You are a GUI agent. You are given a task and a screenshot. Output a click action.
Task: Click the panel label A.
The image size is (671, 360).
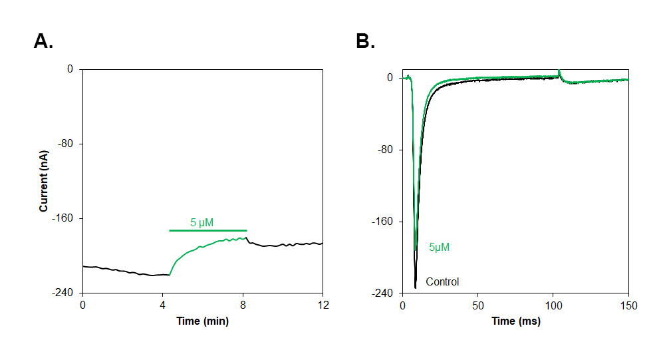coord(43,42)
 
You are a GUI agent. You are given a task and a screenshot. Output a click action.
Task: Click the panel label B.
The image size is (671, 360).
coord(366,42)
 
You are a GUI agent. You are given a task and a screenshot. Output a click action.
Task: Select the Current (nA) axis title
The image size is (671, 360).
coord(44,181)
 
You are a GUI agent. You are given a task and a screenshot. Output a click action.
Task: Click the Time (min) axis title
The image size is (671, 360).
coord(202,321)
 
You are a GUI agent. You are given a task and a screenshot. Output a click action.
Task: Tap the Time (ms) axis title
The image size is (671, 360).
coord(515,321)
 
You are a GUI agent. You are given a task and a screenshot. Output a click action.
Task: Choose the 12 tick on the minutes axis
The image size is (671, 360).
coord(323,305)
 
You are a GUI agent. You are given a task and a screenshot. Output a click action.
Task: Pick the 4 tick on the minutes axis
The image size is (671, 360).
coord(162,305)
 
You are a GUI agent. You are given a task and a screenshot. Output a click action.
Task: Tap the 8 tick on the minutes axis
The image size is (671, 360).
coord(243,305)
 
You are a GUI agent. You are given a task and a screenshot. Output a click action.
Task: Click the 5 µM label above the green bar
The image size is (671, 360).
coord(201,222)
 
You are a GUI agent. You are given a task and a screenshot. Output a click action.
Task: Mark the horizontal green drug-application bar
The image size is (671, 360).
coord(207,230)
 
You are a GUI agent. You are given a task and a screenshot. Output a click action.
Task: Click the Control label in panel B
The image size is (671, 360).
coord(442,281)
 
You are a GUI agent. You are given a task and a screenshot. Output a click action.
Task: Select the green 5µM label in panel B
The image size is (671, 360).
coord(439,248)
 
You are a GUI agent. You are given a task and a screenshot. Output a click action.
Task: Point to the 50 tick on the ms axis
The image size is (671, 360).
coord(477,305)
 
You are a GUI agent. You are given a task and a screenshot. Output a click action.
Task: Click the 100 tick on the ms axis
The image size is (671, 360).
coord(553,305)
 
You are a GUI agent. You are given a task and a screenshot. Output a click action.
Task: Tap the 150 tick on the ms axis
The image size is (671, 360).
coord(628,305)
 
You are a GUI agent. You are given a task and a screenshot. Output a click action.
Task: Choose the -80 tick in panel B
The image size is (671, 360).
coord(386,150)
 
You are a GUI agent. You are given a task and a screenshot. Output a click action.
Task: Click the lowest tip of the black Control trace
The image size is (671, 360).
coord(415,287)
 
